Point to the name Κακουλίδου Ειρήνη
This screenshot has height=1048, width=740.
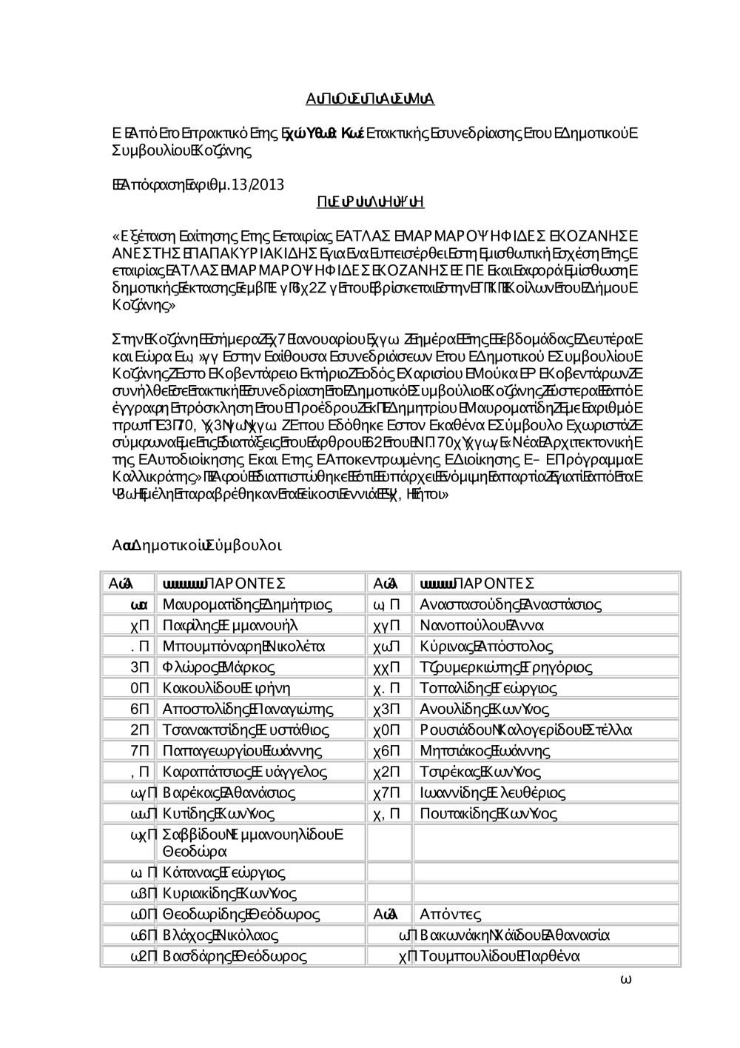click(x=226, y=687)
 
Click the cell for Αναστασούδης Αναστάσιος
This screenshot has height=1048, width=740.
click(x=510, y=604)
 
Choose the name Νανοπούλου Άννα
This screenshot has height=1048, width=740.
click(x=482, y=625)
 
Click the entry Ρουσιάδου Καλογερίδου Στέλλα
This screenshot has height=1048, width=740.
click(x=525, y=730)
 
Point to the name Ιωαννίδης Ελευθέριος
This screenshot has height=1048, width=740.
click(x=493, y=792)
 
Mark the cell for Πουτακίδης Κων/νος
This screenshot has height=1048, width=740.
click(x=488, y=813)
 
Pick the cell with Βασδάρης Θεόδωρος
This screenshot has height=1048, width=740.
click(x=235, y=955)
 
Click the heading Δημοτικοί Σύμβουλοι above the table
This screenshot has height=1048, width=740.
click(x=196, y=546)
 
